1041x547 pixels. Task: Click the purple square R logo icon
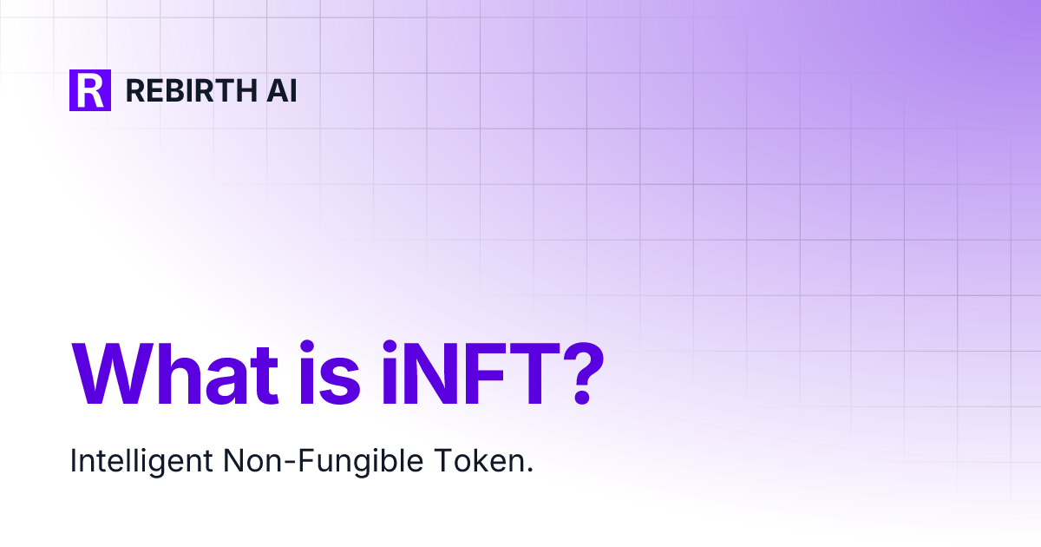[x=90, y=89]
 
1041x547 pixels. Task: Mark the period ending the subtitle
[x=529, y=471]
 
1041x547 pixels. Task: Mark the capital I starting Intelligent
[x=74, y=461]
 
